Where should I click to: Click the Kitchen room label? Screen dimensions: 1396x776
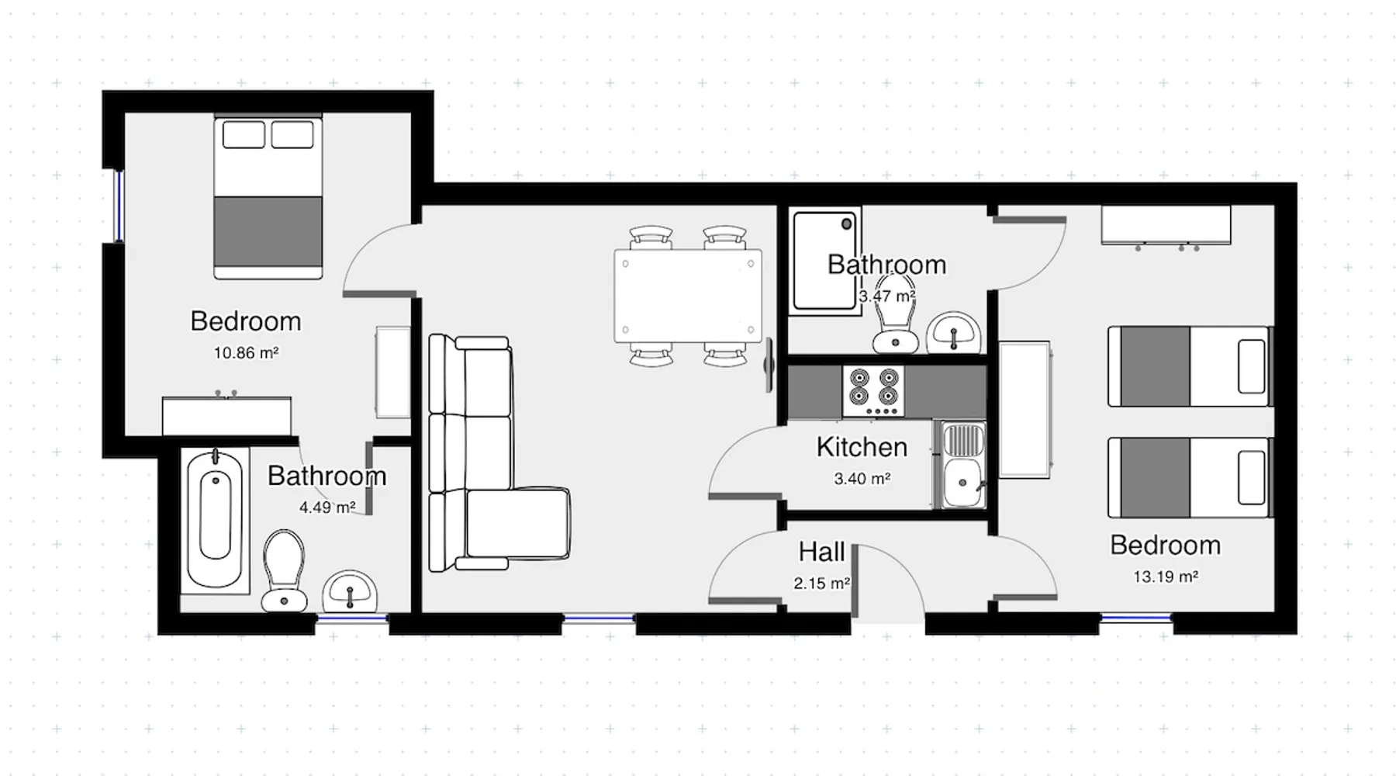pyautogui.click(x=862, y=447)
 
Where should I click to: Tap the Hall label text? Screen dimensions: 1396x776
pyautogui.click(x=821, y=552)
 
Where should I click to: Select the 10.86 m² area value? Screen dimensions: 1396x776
pyautogui.click(x=246, y=353)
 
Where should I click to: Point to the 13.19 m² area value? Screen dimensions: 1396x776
pyautogui.click(x=1166, y=577)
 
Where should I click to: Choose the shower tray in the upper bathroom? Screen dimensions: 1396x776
pyautogui.click(x=825, y=261)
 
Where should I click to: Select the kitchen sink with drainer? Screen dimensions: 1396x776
pyautogui.click(x=963, y=465)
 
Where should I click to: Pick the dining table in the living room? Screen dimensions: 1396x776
pyautogui.click(x=688, y=296)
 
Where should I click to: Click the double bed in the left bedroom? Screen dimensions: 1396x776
pyautogui.click(x=268, y=197)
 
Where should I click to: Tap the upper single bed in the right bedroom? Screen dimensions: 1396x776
pyautogui.click(x=1190, y=366)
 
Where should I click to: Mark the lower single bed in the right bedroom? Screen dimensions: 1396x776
pyautogui.click(x=1190, y=477)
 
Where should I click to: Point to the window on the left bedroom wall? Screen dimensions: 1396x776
pyautogui.click(x=119, y=206)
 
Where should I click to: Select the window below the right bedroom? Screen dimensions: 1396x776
pyautogui.click(x=1136, y=618)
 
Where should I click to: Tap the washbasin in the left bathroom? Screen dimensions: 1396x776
pyautogui.click(x=350, y=591)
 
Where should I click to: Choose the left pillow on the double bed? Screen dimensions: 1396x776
pyautogui.click(x=244, y=134)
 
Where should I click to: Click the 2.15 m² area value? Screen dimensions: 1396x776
pyautogui.click(x=821, y=583)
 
